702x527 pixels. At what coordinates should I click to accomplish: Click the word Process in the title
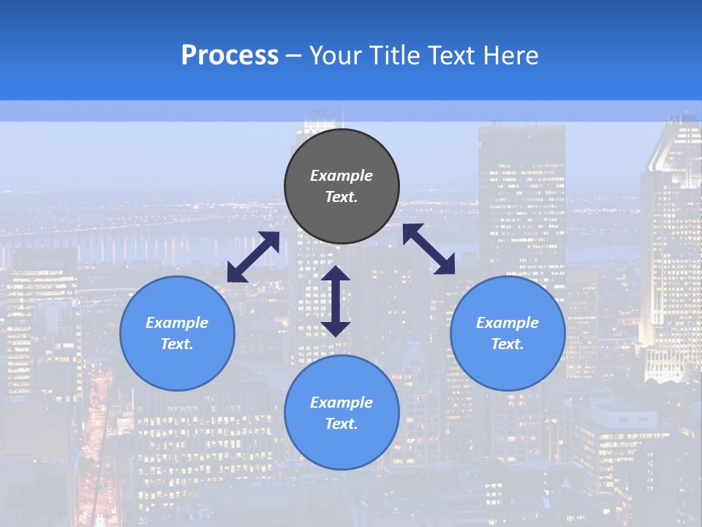[230, 56]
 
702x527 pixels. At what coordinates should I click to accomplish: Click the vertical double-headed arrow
[336, 301]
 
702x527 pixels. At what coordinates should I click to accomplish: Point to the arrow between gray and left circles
[253, 257]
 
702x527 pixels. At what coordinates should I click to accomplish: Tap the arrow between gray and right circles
[429, 249]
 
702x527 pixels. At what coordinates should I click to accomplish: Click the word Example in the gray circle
[341, 176]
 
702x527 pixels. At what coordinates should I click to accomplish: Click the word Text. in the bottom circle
[341, 424]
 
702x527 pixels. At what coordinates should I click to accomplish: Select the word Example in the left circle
[177, 323]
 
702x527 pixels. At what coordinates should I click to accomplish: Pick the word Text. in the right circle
[507, 344]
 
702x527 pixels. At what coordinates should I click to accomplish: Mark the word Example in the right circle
[507, 323]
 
